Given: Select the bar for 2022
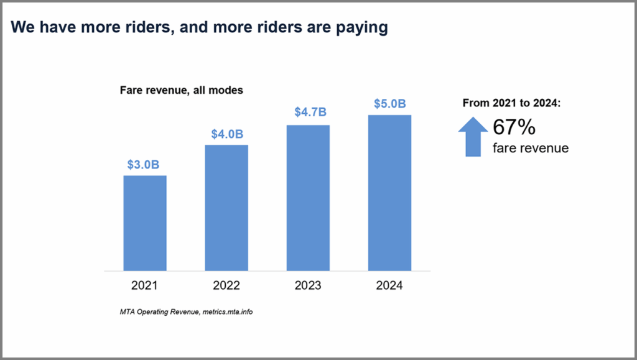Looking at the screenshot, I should (x=226, y=208).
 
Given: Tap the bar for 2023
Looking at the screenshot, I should (x=308, y=198).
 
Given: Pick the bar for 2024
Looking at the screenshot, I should (x=389, y=193).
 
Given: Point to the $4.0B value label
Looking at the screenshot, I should (x=226, y=134).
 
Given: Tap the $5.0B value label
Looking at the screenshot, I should (x=389, y=103).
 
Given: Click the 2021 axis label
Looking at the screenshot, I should (x=145, y=286).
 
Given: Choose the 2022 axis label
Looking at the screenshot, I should (x=226, y=286).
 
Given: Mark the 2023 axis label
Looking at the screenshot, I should (x=308, y=286).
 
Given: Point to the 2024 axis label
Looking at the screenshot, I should (x=389, y=286).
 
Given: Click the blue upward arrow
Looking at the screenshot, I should (x=473, y=137).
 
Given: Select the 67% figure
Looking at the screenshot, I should (x=514, y=127).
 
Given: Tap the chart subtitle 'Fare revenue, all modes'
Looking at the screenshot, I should (x=181, y=90).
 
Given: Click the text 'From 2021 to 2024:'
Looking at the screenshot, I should (x=512, y=103).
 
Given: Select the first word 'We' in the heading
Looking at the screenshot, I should (x=22, y=27).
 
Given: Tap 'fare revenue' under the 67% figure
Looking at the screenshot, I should (x=530, y=148).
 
